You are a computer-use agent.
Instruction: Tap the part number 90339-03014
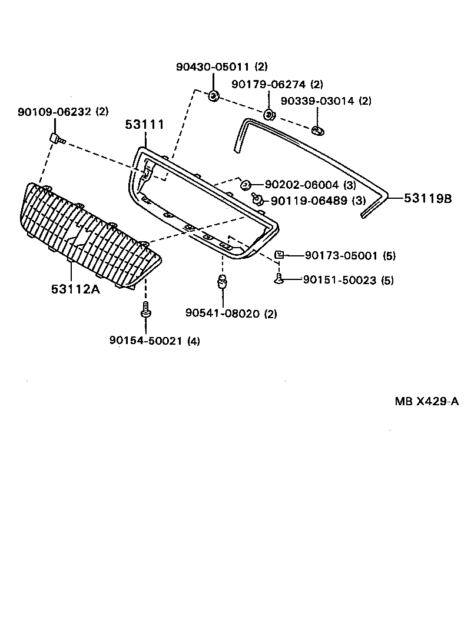(x=318, y=101)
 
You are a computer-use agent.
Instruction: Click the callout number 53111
(x=144, y=125)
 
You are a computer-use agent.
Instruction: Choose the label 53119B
(x=427, y=198)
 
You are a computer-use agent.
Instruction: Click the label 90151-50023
(x=340, y=280)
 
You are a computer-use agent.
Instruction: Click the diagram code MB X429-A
(x=426, y=402)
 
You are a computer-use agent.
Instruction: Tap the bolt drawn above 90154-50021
(x=145, y=311)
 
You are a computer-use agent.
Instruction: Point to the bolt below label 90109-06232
(x=57, y=139)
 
